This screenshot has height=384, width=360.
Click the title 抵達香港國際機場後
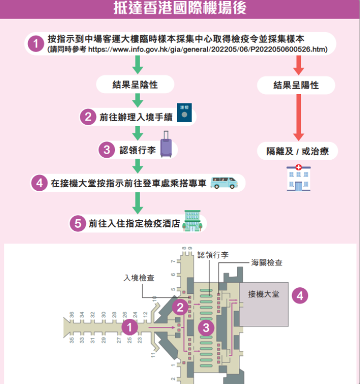(x=180, y=9)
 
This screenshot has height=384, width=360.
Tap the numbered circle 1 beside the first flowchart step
(x=35, y=44)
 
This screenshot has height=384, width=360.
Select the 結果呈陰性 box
(x=135, y=85)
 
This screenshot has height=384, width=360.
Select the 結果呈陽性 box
(x=296, y=86)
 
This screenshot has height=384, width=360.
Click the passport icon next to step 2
(x=185, y=112)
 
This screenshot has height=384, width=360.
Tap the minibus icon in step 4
(x=223, y=182)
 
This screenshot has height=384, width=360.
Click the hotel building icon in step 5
(x=191, y=221)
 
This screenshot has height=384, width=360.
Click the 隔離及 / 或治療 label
(x=298, y=151)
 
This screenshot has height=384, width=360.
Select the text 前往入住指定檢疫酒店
(x=134, y=224)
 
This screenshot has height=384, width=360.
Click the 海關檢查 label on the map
(x=266, y=262)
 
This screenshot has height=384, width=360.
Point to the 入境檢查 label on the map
(x=139, y=278)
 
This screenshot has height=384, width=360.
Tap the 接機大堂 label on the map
(x=263, y=294)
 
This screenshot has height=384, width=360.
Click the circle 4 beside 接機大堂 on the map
(x=300, y=295)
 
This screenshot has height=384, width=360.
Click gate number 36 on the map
(x=71, y=315)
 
